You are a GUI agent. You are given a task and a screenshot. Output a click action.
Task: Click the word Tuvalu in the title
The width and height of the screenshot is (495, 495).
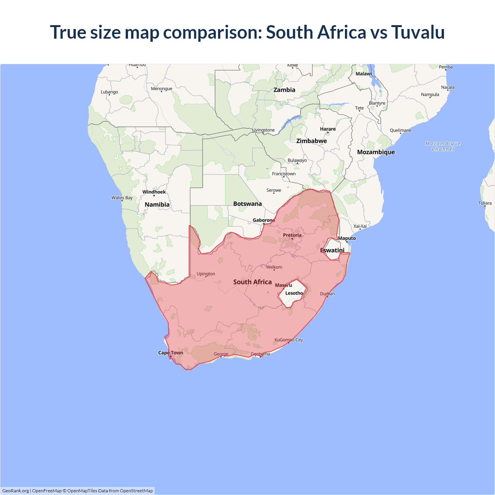(x=418, y=32)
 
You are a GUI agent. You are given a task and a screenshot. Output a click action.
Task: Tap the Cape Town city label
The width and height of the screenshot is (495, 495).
(x=171, y=353)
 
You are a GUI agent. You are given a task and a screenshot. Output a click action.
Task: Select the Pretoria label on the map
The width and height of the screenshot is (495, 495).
(x=292, y=235)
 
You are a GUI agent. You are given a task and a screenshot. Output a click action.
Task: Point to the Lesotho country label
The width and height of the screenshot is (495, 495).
(x=294, y=293)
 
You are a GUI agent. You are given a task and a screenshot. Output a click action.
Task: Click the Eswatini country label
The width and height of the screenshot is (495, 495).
(x=332, y=250)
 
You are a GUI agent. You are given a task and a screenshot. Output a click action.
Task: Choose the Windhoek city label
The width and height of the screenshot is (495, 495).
(x=154, y=192)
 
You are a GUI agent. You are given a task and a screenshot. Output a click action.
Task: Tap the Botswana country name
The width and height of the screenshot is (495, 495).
(x=247, y=204)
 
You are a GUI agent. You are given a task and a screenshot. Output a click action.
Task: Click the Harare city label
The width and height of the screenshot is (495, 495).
(x=328, y=129)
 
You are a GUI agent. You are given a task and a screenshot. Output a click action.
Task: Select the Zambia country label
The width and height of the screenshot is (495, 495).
(x=284, y=90)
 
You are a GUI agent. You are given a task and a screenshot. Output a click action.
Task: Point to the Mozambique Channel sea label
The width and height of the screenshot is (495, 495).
(x=443, y=146)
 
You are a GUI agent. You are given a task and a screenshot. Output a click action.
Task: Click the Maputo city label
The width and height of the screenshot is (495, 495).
(x=347, y=238)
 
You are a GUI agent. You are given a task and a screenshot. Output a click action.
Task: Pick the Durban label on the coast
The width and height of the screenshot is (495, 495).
(x=328, y=294)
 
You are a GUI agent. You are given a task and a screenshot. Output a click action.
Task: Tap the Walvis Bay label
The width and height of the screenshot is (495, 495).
(x=122, y=198)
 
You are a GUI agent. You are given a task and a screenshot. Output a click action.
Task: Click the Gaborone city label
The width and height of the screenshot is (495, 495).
(x=264, y=220)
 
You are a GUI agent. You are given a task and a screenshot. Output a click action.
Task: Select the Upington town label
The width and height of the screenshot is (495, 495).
(x=206, y=274)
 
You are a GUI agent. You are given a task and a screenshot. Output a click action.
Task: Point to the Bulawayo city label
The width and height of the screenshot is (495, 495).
(x=297, y=160)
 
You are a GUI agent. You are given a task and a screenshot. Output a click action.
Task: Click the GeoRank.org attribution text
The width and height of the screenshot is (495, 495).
(x=15, y=491)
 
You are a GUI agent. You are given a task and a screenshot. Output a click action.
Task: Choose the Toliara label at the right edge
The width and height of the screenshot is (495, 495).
(x=485, y=203)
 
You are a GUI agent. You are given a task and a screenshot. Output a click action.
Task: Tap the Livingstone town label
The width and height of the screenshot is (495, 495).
(x=263, y=130)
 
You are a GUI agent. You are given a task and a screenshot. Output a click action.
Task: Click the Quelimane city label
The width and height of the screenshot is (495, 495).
(x=401, y=130)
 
